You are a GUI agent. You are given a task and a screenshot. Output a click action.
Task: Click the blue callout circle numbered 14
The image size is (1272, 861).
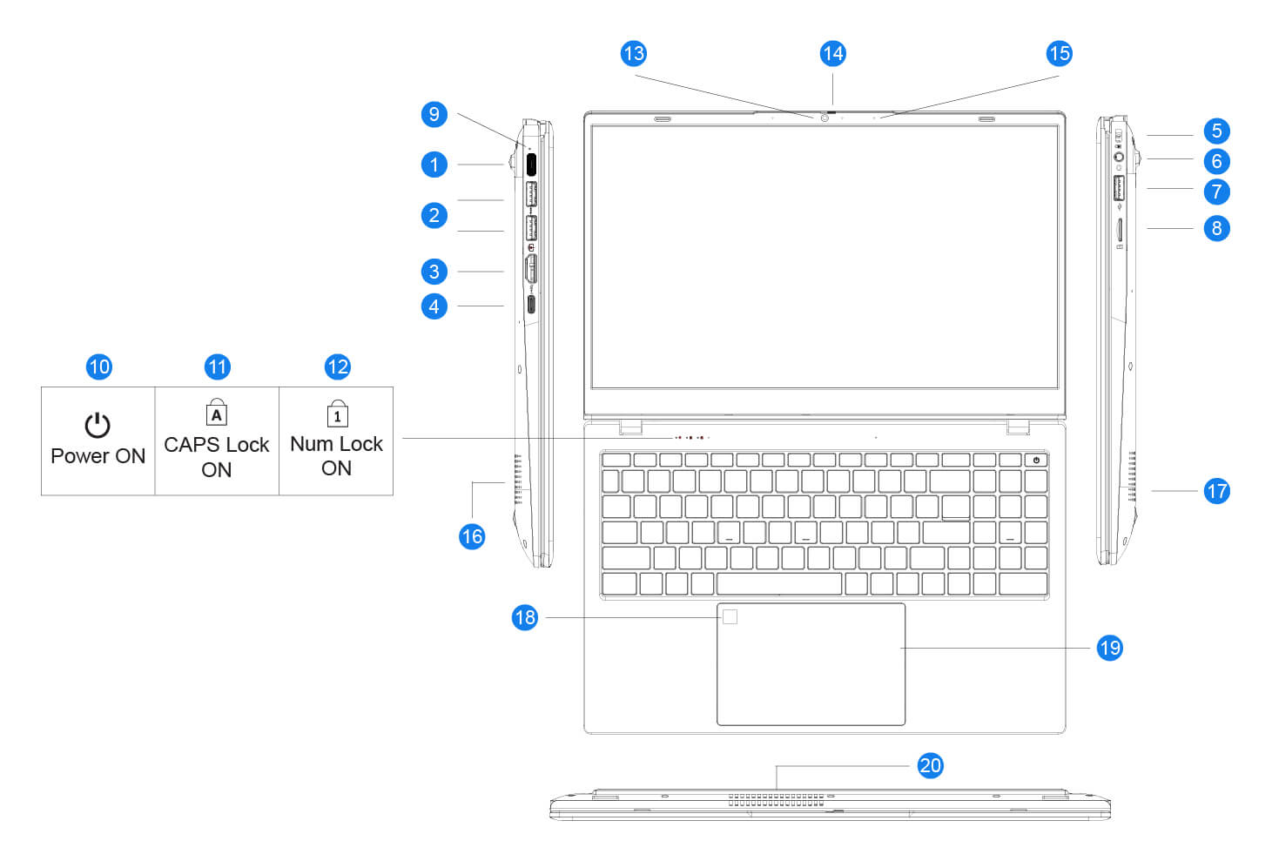832,54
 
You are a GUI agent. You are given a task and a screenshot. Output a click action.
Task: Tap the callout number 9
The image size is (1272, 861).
434,114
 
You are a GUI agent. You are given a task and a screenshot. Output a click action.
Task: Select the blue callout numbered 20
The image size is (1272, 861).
930,765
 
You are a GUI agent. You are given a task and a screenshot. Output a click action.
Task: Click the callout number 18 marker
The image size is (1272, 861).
524,617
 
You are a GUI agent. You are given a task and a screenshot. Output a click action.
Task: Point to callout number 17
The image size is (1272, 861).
1216,491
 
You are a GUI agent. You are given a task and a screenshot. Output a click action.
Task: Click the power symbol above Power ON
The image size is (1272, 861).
98,425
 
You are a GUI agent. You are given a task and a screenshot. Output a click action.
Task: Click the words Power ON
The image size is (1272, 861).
98,456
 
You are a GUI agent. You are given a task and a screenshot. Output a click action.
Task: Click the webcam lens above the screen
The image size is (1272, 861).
824,118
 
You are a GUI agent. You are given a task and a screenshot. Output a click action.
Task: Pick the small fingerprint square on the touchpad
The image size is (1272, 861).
730,616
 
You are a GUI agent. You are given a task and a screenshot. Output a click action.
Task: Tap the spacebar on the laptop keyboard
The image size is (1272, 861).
778,583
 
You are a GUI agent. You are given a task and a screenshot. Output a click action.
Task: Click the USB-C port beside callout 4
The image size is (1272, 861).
530,305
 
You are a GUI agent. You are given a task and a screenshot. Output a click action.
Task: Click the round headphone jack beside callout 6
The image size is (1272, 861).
1120,158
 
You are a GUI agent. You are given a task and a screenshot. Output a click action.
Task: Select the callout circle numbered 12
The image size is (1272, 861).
337,367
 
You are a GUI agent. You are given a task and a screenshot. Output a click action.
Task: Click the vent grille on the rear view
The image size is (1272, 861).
775,799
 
